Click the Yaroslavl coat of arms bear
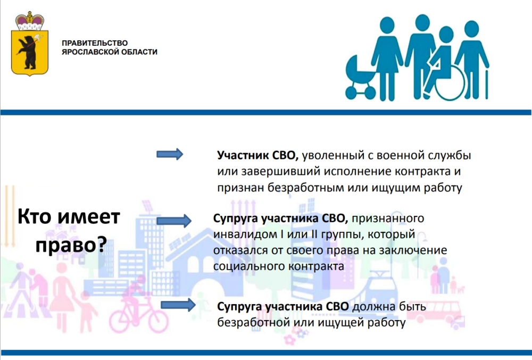[x=28, y=51]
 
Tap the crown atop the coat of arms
[x=30, y=21]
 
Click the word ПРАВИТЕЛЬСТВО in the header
[x=95, y=43]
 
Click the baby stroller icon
[x=360, y=79]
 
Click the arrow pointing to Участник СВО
[x=170, y=155]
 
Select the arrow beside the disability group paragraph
[x=174, y=221]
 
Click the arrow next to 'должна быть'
[x=178, y=305]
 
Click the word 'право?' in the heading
[x=71, y=245]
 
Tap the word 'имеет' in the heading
[x=89, y=217]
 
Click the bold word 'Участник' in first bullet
[x=243, y=155]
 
